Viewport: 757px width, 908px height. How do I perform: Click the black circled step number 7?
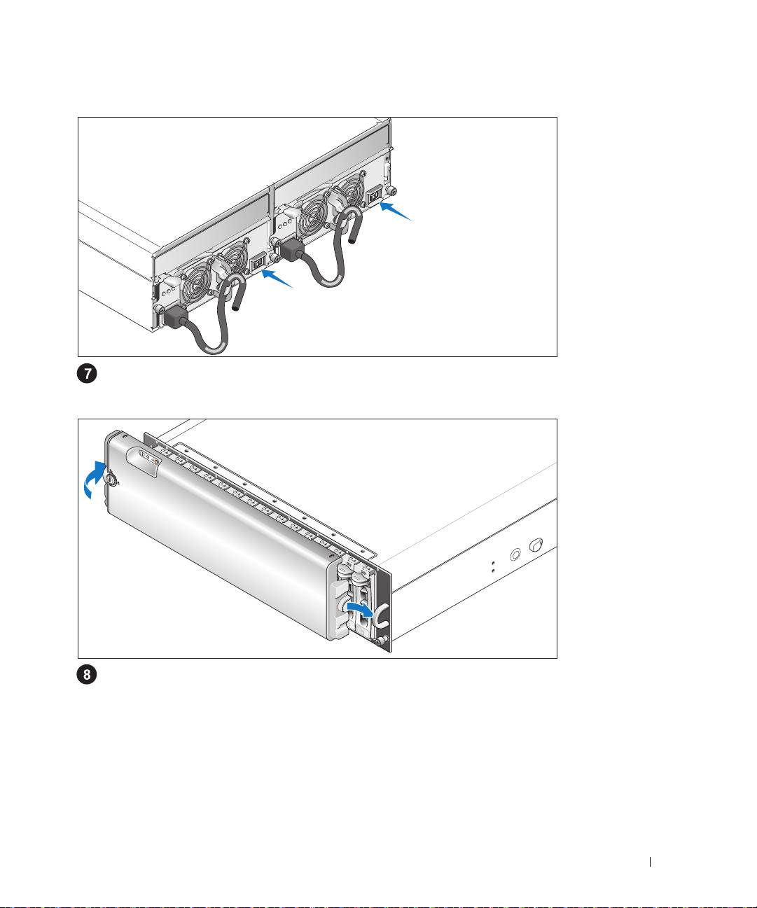point(87,374)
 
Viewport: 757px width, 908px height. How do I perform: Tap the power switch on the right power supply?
point(374,197)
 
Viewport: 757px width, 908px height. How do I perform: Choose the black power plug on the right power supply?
point(291,251)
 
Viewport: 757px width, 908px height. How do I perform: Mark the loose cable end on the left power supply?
point(235,302)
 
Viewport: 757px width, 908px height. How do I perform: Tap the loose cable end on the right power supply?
point(353,235)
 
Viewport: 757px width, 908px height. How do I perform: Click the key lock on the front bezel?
point(111,480)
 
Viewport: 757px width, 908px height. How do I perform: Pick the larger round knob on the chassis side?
point(536,545)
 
